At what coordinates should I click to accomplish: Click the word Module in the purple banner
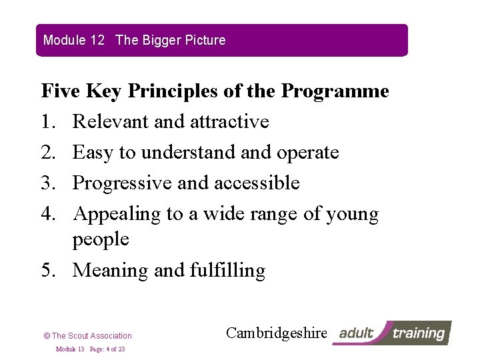pos(65,40)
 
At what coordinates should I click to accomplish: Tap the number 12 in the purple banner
pos(97,40)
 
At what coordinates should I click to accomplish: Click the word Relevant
pos(112,121)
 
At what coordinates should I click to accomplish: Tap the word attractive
pos(229,121)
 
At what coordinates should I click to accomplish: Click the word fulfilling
pos(227,270)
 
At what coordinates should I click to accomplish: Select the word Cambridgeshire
pos(277,333)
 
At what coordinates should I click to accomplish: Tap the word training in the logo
pos(417,333)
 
